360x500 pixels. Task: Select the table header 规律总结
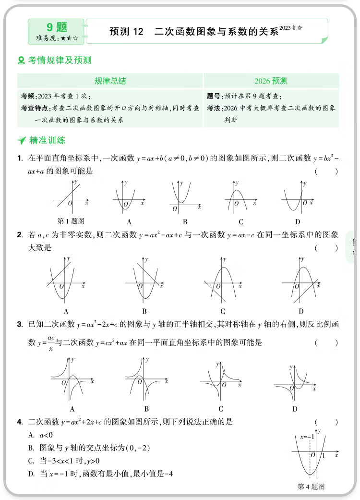pos(110,81)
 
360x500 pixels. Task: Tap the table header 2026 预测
pos(271,81)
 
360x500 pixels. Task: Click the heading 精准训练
pos(47,141)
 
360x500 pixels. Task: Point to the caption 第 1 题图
pos(71,221)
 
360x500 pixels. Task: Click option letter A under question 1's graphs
pos(129,221)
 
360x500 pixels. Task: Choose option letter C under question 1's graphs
pos(241,221)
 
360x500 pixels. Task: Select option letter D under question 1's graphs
pos(298,221)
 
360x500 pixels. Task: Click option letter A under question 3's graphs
pos(72,409)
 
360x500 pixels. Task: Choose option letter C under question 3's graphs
pos(221,409)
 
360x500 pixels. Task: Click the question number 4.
pos(20,422)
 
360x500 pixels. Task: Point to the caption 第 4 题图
pos(312,487)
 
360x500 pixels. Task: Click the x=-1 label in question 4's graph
pos(307,437)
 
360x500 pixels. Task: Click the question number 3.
pos(20,325)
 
